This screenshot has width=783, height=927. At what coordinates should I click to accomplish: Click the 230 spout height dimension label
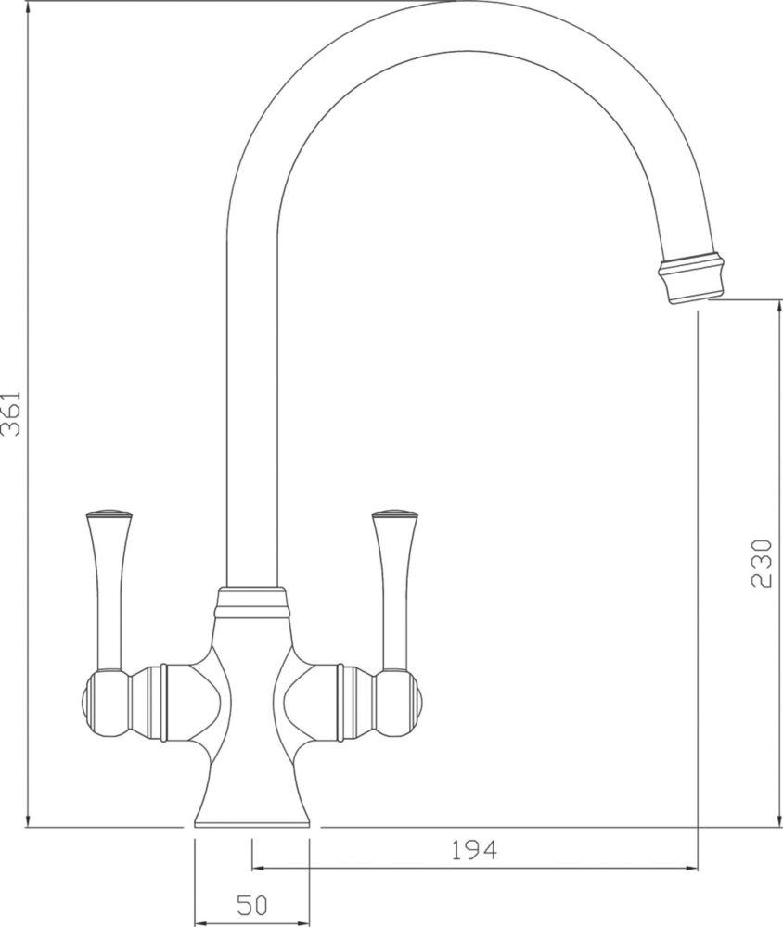761,563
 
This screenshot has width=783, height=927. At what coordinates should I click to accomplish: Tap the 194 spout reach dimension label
474,849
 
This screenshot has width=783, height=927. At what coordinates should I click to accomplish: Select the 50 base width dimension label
252,905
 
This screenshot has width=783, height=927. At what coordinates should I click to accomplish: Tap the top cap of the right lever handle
395,513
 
